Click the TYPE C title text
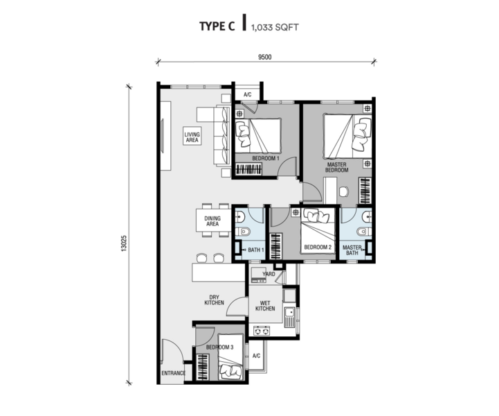217,26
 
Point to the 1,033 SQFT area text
275,28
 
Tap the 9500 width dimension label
265,57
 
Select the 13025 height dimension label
124,244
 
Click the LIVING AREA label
192,137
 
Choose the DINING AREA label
212,221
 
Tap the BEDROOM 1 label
265,159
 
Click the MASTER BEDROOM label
336,167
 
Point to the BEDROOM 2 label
318,247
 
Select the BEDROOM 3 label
220,347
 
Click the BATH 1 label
256,250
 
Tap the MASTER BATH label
352,250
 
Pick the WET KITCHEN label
265,306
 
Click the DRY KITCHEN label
214,300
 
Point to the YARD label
269,274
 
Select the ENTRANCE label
173,373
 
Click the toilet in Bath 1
245,231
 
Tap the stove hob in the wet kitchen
262,331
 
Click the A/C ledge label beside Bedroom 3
256,356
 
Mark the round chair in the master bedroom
344,192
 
